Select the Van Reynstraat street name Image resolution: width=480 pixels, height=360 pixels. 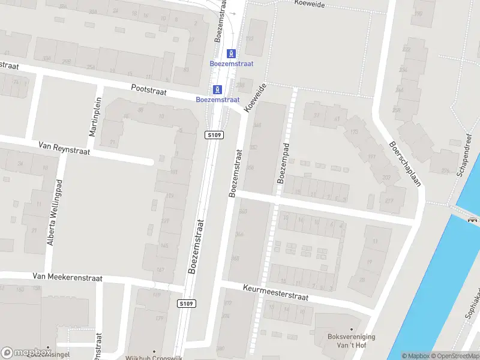click(64, 148)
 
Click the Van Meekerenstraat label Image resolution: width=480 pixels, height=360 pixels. click(68, 278)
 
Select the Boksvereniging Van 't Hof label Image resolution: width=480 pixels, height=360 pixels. click(352, 341)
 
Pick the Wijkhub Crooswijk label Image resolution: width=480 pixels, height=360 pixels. click(154, 358)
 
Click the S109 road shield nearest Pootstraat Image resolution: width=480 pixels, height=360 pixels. click(214, 135)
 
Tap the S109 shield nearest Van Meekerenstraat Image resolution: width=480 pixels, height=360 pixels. click(187, 304)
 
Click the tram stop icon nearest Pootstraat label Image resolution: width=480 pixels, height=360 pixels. click(217, 89)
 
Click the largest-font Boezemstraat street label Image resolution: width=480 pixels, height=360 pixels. click(196, 246)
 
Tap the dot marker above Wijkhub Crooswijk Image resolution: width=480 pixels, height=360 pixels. click(154, 352)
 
